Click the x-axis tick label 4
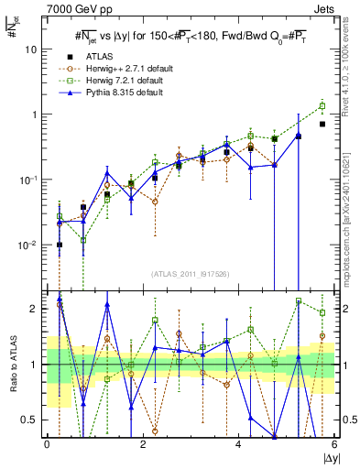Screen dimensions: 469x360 [x=239, y=444]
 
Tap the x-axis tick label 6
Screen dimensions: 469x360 [x=333, y=444]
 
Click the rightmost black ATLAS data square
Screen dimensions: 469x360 [x=322, y=124]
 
